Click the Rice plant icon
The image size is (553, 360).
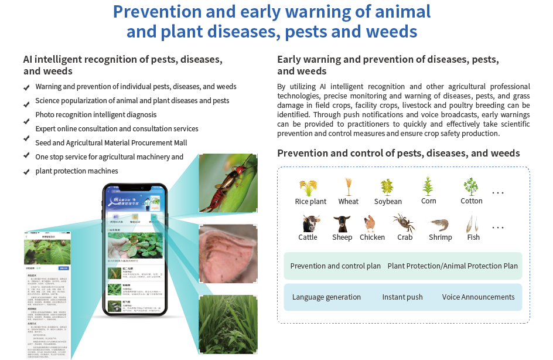[x=309, y=188]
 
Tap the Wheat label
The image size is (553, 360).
[x=349, y=201]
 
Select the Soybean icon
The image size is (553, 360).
[x=387, y=187]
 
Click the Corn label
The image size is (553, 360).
[x=428, y=201]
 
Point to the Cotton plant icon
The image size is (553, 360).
[x=471, y=186]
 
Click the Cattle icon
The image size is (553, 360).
[x=308, y=223]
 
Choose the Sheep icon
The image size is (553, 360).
[x=342, y=223]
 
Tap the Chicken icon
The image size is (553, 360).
[x=371, y=223]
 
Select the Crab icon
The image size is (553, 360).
[x=404, y=223]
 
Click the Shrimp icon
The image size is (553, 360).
[x=439, y=223]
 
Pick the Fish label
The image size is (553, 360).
[x=473, y=237]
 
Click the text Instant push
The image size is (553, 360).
[x=402, y=297]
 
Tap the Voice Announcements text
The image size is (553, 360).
[x=478, y=297]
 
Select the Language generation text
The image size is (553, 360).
[x=326, y=297]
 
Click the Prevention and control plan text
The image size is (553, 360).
[x=335, y=266]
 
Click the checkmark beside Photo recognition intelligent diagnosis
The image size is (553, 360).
[x=26, y=122]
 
